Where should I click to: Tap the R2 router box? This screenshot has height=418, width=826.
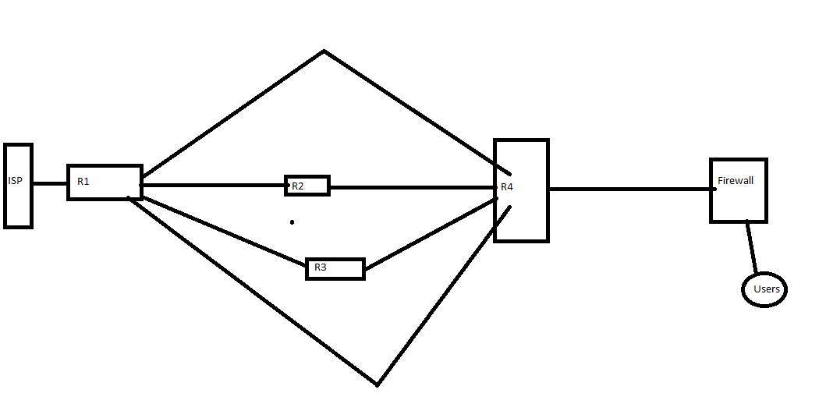[x=312, y=186]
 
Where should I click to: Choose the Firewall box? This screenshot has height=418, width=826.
[x=738, y=203]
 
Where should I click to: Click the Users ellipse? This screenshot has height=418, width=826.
[x=764, y=289]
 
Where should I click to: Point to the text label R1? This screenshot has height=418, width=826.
[x=83, y=182]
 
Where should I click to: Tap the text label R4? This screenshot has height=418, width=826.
[x=507, y=187]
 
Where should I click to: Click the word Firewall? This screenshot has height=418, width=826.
[x=736, y=181]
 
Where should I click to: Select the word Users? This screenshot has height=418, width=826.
[x=767, y=289]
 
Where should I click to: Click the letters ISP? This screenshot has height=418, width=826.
[x=15, y=181]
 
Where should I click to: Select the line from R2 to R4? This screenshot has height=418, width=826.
[x=413, y=187]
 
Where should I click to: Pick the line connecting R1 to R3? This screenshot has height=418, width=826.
[x=226, y=230]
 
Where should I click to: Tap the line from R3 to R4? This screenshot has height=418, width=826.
[x=429, y=235]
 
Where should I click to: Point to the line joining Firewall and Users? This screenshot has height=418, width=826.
[x=752, y=247]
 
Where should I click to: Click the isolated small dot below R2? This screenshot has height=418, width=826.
[x=292, y=222]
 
